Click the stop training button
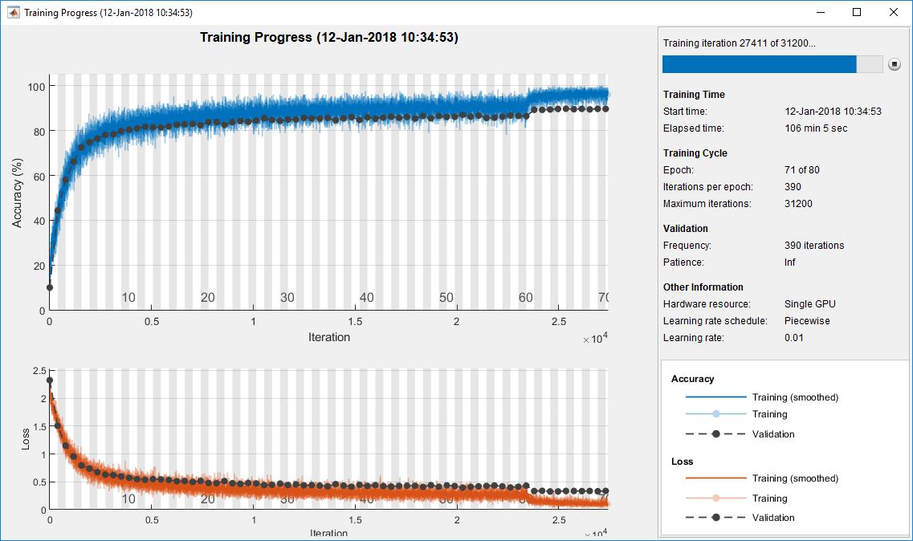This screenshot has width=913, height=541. [895, 64]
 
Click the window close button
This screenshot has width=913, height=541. [893, 12]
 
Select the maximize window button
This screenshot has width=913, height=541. [857, 12]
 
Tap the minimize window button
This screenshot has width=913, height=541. [820, 12]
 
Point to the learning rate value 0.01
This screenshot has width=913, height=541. [794, 338]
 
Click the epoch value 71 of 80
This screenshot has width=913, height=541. [802, 170]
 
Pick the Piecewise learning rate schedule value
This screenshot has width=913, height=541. [807, 321]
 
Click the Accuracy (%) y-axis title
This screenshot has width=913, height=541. [17, 193]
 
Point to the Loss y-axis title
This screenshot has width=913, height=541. [26, 438]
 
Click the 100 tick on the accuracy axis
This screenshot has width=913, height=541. [36, 86]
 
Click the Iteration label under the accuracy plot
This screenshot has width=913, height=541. [329, 337]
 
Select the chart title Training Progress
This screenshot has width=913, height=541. [329, 38]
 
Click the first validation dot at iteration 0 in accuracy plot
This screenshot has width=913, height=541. [50, 287]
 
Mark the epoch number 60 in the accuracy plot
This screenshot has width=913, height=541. [526, 298]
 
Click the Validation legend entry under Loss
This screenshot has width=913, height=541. [772, 518]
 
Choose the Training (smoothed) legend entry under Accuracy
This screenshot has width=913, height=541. [794, 397]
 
